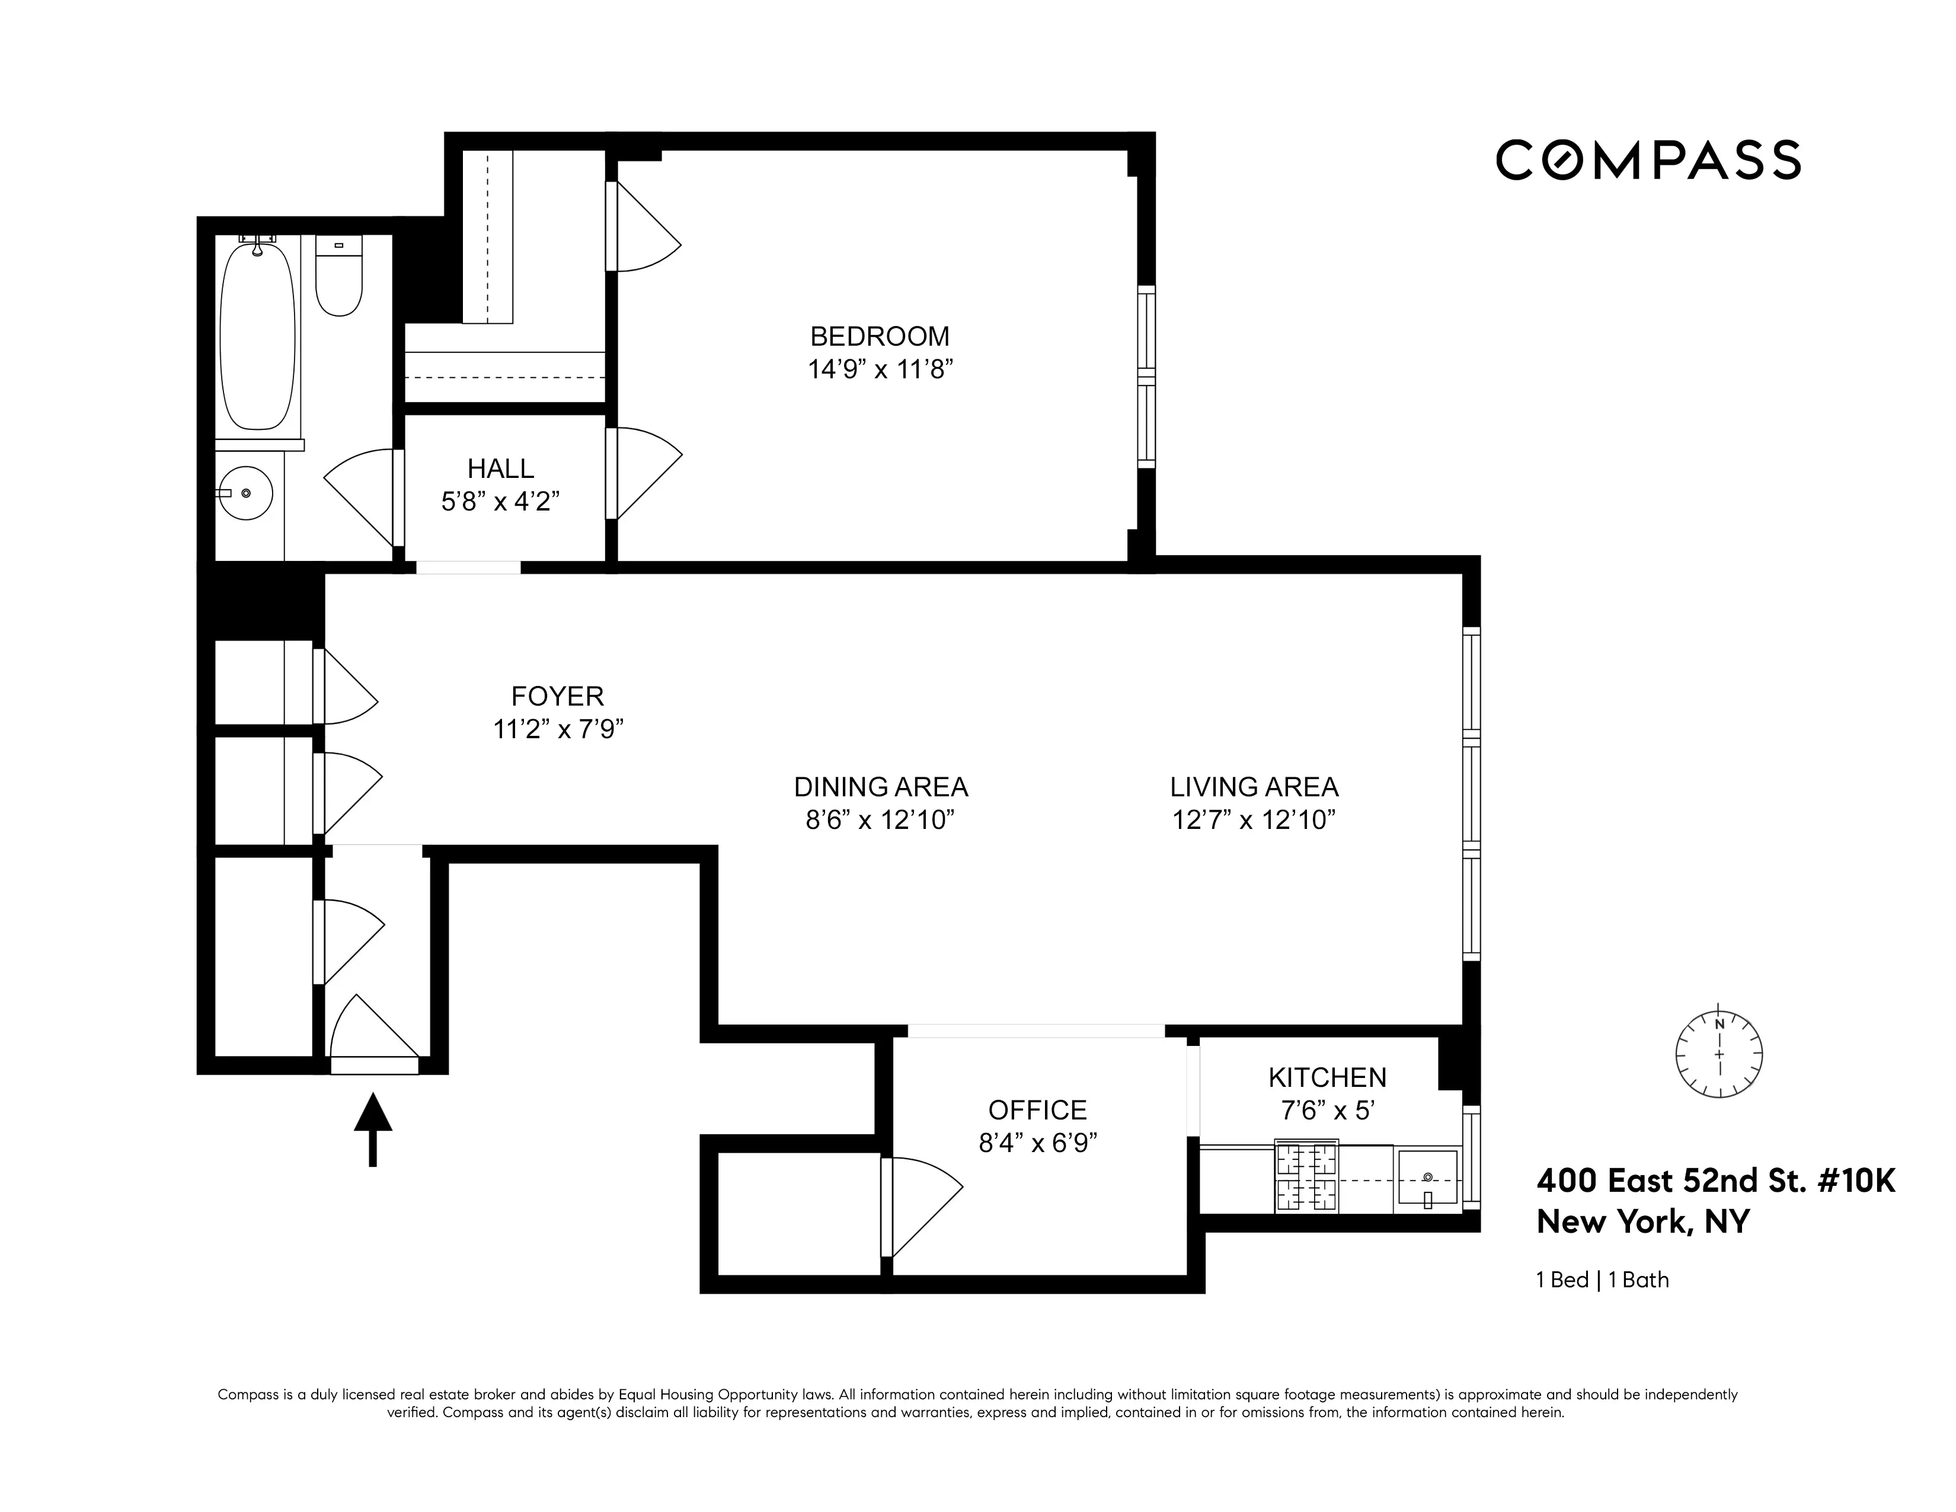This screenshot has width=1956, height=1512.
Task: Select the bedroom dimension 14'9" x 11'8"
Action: click(x=880, y=369)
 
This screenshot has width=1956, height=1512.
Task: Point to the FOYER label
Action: click(x=557, y=696)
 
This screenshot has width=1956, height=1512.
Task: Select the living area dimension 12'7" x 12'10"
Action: click(x=1254, y=819)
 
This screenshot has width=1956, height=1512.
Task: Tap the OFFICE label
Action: click(x=1037, y=1110)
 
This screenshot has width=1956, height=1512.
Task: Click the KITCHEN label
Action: click(x=1327, y=1077)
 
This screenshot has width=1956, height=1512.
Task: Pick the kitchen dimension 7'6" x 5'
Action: click(x=1327, y=1110)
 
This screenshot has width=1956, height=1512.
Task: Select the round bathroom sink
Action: click(x=247, y=493)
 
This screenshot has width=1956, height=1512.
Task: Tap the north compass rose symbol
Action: click(x=1719, y=1054)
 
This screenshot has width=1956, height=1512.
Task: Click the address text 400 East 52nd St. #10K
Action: click(x=1715, y=1181)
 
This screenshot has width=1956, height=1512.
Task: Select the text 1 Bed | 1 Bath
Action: click(x=1602, y=1280)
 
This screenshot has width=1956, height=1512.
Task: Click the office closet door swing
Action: click(x=922, y=1205)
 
